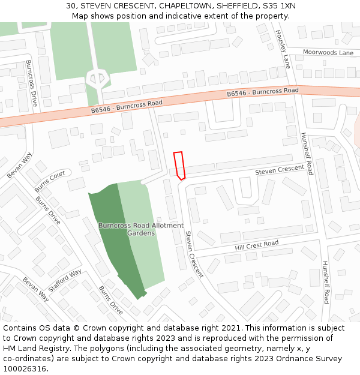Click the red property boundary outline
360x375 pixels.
click(x=179, y=165)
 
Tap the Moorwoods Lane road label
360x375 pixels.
click(x=328, y=53)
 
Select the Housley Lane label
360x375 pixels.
click(x=284, y=49)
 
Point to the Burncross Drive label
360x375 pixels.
click(x=31, y=83)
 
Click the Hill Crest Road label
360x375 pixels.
click(x=257, y=245)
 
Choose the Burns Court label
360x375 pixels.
click(x=50, y=178)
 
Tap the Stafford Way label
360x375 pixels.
click(x=65, y=281)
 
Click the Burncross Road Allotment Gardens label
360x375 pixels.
click(x=133, y=229)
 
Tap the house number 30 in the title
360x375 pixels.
click(x=71, y=6)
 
